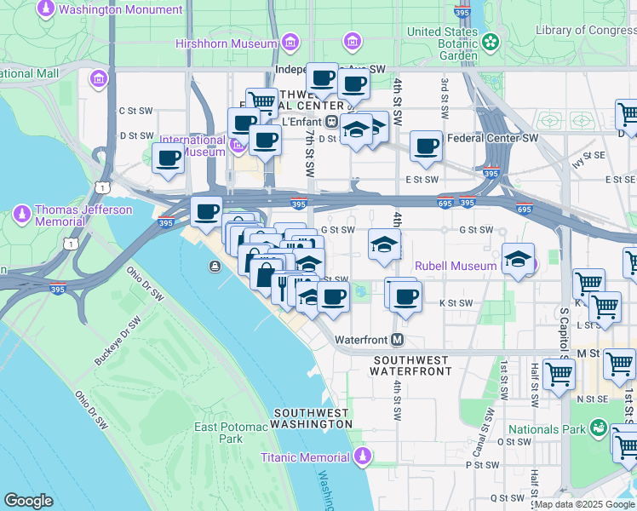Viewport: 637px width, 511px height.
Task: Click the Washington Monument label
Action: coord(122,10)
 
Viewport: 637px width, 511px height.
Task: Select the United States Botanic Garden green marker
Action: coord(490,41)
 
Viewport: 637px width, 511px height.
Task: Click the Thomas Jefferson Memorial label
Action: coord(83,215)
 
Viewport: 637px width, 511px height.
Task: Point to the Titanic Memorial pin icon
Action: coord(364,456)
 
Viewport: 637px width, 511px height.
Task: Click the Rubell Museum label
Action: coord(455,266)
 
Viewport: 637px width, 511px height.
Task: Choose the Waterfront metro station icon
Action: coord(397,340)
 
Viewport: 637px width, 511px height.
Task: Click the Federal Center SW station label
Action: coord(492,137)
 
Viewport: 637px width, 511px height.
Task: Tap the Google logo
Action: coord(28,501)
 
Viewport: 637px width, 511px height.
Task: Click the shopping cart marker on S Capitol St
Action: coord(559,372)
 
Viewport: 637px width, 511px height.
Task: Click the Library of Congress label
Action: coord(586,31)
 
